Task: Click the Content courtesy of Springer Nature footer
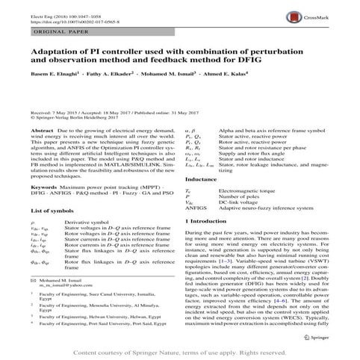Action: coord(179,351)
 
